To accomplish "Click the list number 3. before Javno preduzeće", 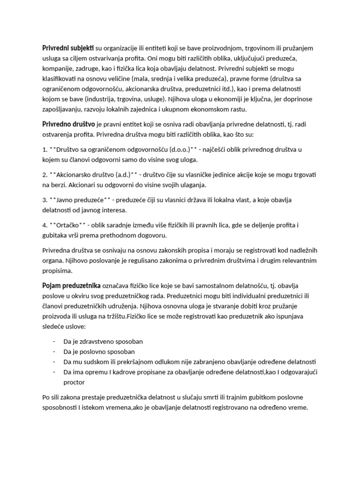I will pyautogui.click(x=45, y=200).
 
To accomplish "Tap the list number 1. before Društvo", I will pyautogui.click(x=45, y=150).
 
